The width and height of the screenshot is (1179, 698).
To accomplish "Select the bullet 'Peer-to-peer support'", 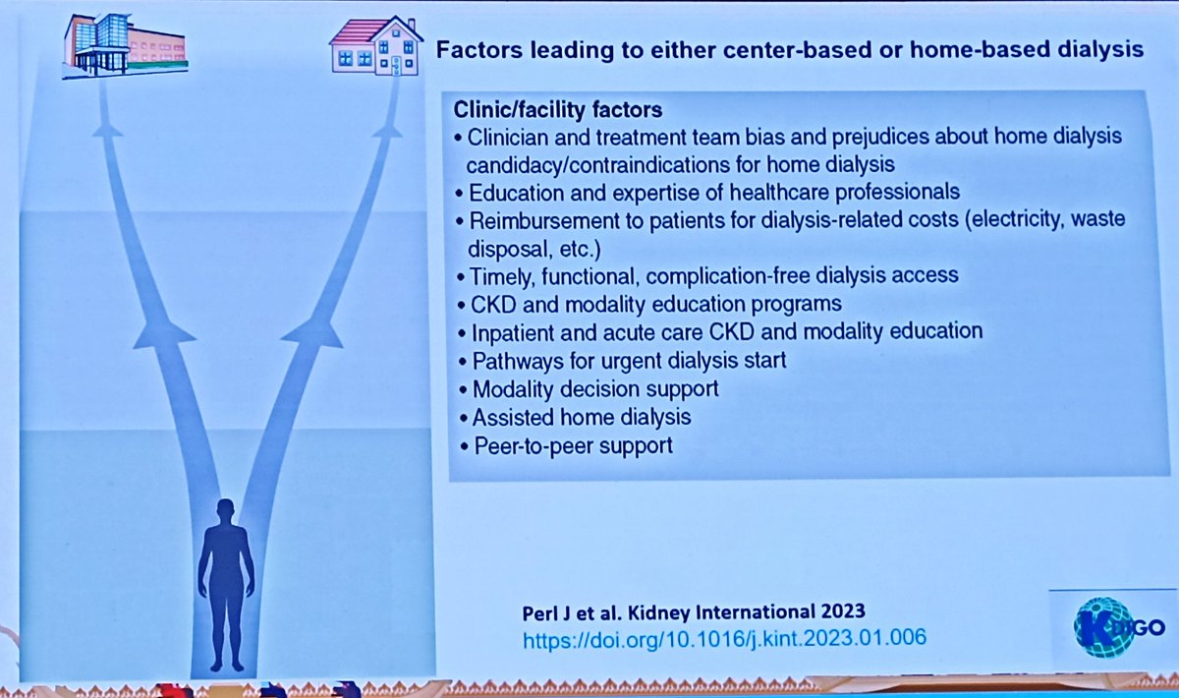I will [573, 444].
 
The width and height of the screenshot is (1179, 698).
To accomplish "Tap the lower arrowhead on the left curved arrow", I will [163, 333].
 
